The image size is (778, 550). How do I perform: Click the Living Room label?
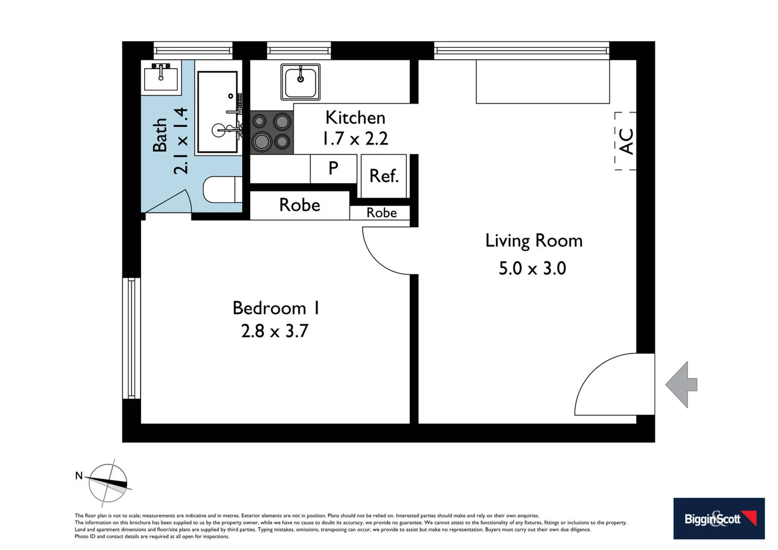tap(533, 240)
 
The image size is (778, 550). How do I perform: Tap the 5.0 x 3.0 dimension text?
tap(532, 268)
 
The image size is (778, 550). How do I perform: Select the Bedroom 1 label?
tap(276, 308)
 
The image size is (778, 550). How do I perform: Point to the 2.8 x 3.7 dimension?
tap(274, 331)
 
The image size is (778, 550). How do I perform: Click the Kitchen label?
tap(355, 118)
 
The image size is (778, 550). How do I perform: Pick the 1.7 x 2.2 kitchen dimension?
tap(355, 139)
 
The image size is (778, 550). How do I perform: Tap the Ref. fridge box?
tap(383, 176)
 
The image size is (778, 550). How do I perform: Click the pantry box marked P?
tap(333, 168)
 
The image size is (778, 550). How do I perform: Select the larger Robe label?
tap(299, 205)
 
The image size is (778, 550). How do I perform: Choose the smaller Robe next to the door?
tap(381, 212)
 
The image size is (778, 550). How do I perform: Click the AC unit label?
tap(626, 141)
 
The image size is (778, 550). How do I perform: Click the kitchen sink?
tap(300, 81)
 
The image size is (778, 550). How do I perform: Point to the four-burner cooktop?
tap(271, 132)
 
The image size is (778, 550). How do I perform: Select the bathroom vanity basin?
tap(161, 77)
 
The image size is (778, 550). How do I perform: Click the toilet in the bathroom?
tap(223, 189)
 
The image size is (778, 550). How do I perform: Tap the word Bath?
tap(160, 135)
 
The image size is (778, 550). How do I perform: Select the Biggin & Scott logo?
tap(718, 518)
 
